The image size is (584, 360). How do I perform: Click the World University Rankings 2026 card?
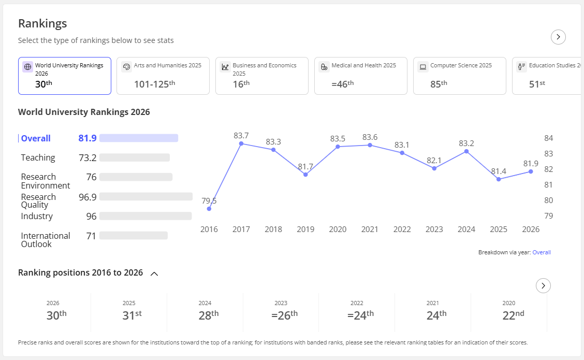point(65,76)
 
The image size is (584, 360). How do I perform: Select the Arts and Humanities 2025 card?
point(163,76)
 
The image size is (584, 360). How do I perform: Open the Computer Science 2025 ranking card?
point(460,76)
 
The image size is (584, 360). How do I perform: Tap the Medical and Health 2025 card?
point(361,76)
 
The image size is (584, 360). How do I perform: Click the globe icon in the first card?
point(27,67)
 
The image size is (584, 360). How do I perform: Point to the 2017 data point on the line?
point(241,143)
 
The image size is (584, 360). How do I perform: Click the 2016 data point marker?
point(209,209)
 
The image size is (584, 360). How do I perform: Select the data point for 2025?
point(499,179)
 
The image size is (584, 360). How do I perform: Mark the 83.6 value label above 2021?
point(370,137)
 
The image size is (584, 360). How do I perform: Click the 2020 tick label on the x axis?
point(338,229)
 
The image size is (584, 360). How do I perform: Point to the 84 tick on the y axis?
point(549,138)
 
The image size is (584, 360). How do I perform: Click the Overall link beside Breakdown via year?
point(542,252)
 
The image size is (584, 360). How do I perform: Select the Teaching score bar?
point(135,157)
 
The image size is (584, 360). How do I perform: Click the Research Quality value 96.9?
point(87,197)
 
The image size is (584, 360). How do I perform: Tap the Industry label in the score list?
point(37,216)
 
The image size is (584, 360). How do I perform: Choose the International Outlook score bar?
point(134,236)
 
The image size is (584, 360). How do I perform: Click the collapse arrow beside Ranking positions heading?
point(154,273)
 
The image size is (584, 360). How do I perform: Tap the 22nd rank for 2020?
point(513,315)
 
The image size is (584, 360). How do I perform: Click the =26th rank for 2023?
point(285,315)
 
